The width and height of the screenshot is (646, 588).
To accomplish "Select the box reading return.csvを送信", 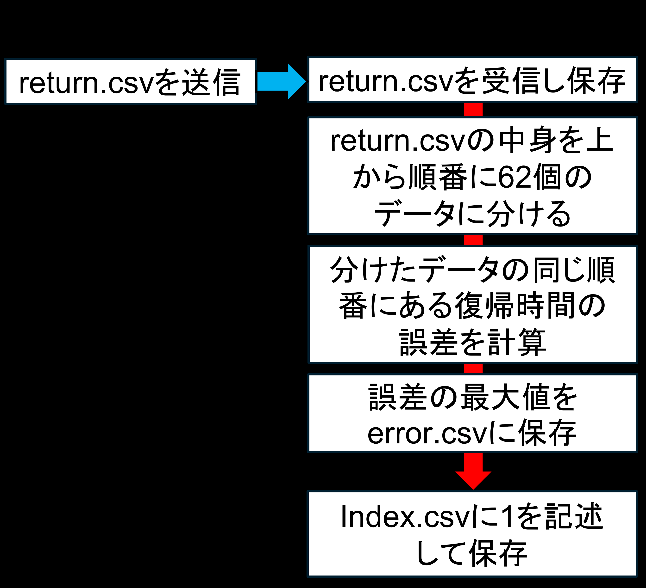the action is click(130, 81).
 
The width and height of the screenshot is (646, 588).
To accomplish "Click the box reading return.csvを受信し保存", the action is click(473, 80).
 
